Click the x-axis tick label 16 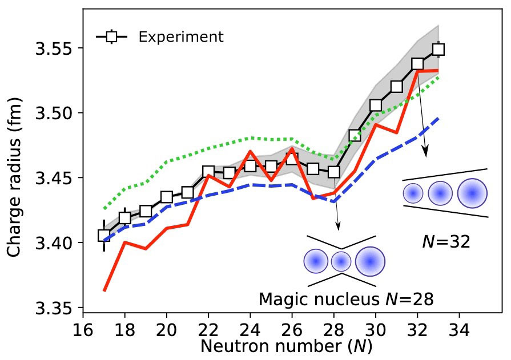[x=83, y=331]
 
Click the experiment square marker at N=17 [x=104, y=235]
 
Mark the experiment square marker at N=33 [x=438, y=49]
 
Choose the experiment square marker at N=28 [x=334, y=172]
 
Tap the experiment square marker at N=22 [x=208, y=171]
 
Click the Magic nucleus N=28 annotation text [x=345, y=300]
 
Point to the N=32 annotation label [x=446, y=242]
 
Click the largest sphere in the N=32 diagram [x=472, y=193]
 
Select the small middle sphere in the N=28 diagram [x=341, y=261]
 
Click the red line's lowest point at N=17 [x=104, y=290]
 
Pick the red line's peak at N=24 [x=250, y=151]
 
